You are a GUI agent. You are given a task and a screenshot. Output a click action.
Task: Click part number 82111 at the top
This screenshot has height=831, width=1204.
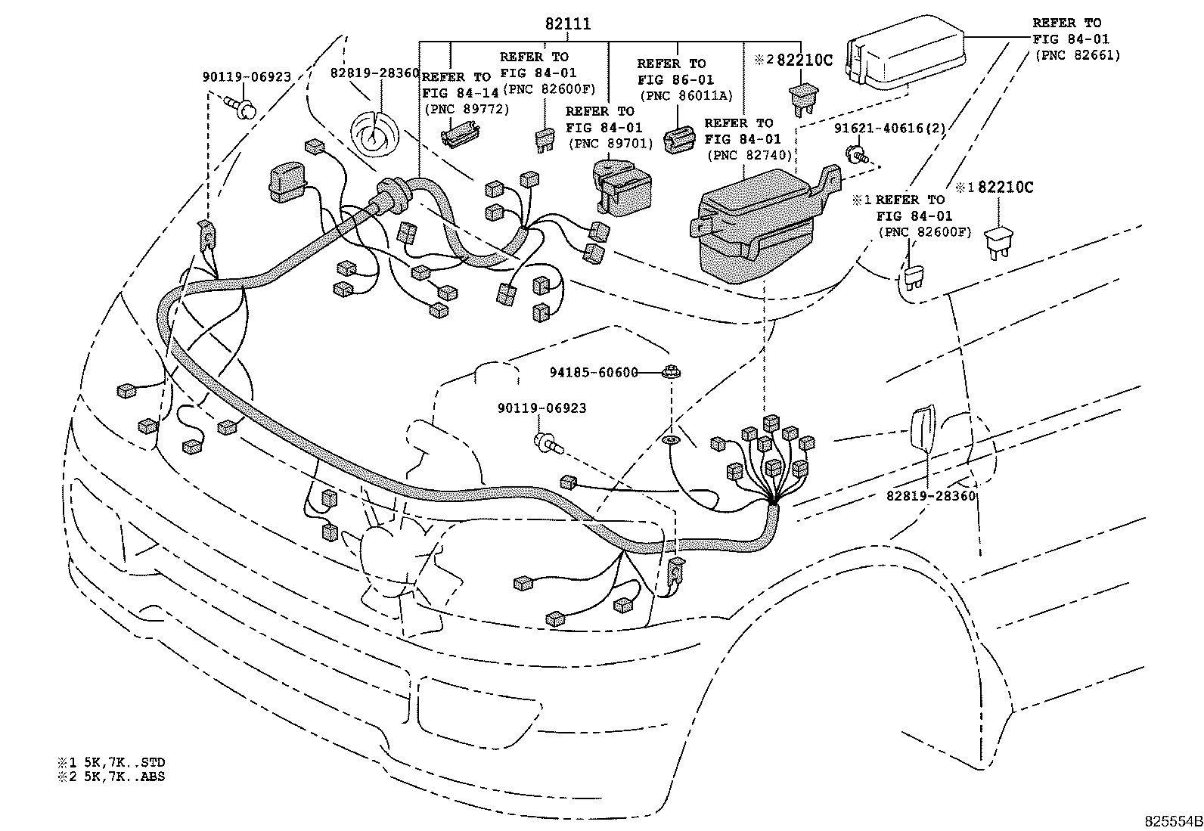pyautogui.click(x=568, y=24)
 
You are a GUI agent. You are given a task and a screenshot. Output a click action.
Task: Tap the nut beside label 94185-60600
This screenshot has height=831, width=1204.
pyautogui.click(x=669, y=371)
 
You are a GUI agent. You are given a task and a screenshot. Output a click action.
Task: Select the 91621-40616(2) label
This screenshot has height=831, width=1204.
pyautogui.click(x=889, y=129)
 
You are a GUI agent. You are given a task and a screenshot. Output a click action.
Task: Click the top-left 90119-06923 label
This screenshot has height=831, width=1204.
pyautogui.click(x=247, y=76)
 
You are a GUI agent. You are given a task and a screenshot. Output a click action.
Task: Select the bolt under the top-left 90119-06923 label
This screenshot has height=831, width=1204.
pyautogui.click(x=244, y=110)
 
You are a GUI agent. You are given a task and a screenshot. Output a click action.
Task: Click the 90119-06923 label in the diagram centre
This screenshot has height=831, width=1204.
pyautogui.click(x=541, y=408)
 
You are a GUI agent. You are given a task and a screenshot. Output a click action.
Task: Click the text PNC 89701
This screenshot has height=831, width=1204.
pyautogui.click(x=610, y=143)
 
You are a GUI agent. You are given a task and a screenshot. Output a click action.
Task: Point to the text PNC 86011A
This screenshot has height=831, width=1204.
pyautogui.click(x=686, y=95)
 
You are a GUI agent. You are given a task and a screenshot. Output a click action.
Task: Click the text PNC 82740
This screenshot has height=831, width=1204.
pyautogui.click(x=749, y=155)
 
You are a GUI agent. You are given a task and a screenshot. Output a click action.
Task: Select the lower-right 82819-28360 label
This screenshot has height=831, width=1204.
pyautogui.click(x=931, y=496)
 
